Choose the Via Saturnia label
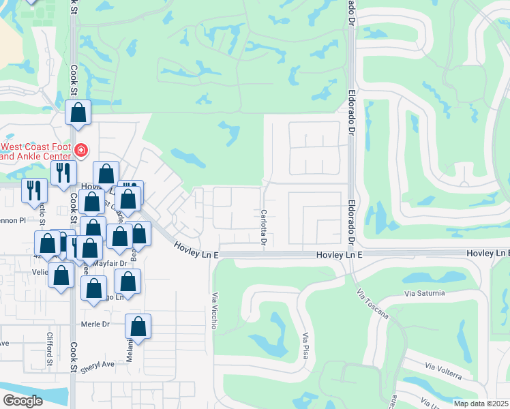click(424, 293)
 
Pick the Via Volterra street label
click(443, 372)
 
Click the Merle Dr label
click(95, 324)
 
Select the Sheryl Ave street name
click(97, 366)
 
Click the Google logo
click(22, 401)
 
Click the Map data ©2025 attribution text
click(481, 404)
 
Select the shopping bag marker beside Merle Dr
click(138, 327)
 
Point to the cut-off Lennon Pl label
click(12, 220)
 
